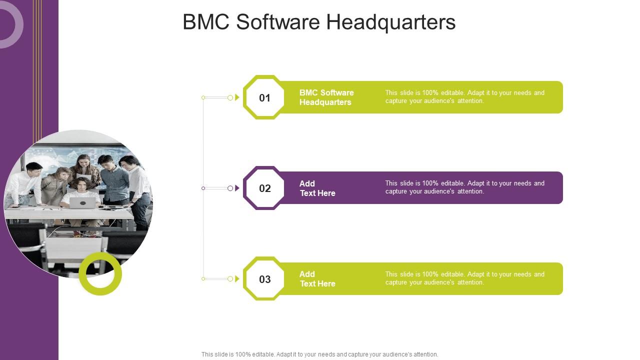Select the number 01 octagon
[x=264, y=97]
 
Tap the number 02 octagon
[x=264, y=188]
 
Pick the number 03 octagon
[x=264, y=279]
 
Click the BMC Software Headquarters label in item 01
[x=326, y=97]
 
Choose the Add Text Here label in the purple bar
[x=317, y=188]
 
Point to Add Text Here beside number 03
[x=317, y=279]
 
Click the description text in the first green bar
[x=464, y=97]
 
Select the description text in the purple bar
[x=464, y=187]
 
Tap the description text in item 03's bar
[x=464, y=278]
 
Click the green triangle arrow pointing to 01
[x=237, y=97]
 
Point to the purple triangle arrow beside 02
[x=237, y=188]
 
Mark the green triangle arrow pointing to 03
[x=237, y=279]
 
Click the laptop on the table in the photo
[x=82, y=202]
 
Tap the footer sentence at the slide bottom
[x=319, y=354]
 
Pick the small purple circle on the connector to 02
[x=230, y=188]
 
